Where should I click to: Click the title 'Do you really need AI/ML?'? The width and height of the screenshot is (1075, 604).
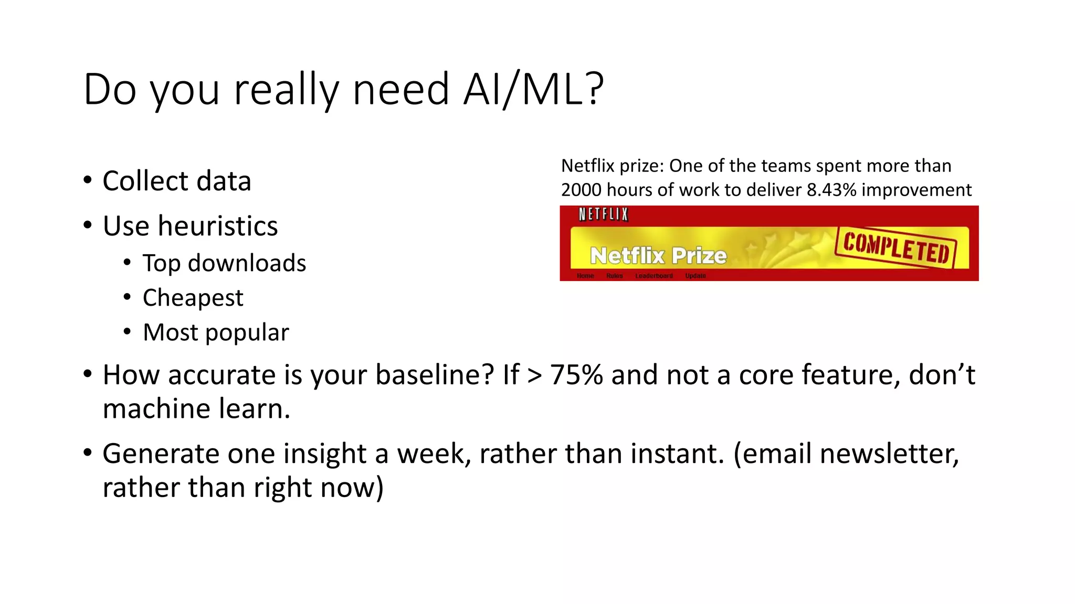point(344,89)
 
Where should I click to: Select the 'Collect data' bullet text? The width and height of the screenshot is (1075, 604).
point(177,181)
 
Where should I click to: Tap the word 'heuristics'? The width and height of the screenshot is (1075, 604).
point(218,226)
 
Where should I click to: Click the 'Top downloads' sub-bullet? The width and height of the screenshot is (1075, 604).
point(224,263)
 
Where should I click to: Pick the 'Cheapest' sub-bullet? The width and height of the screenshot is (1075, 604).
point(193,298)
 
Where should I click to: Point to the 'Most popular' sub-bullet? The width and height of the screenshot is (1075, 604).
point(216,332)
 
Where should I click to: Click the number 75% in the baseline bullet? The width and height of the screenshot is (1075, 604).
point(576,375)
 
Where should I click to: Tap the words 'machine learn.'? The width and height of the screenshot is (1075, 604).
point(196,408)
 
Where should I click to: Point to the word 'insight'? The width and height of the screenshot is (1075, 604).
point(324,454)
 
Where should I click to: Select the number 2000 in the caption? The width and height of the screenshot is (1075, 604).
point(581,190)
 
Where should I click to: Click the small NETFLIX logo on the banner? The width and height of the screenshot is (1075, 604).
point(604,214)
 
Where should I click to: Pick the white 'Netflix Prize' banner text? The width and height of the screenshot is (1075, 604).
point(658,256)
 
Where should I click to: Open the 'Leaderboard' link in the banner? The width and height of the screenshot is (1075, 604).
point(654,276)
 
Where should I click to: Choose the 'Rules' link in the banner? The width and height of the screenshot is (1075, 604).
point(614,276)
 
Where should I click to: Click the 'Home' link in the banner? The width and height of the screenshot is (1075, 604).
point(585,276)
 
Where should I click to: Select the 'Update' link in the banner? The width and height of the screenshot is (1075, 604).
point(695,276)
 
